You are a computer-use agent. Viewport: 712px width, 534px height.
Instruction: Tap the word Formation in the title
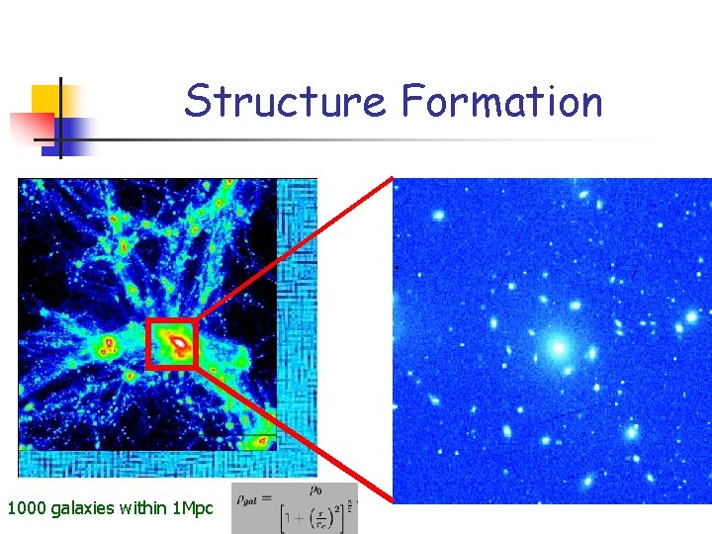501,101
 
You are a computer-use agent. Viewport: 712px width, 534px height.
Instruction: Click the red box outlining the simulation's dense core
147,344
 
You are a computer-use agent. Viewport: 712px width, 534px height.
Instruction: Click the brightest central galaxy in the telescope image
558,347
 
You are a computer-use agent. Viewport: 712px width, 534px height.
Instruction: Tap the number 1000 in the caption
27,509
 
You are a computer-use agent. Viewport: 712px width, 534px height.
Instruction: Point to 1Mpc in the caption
192,509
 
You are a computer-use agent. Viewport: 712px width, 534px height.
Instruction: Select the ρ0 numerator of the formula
314,489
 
